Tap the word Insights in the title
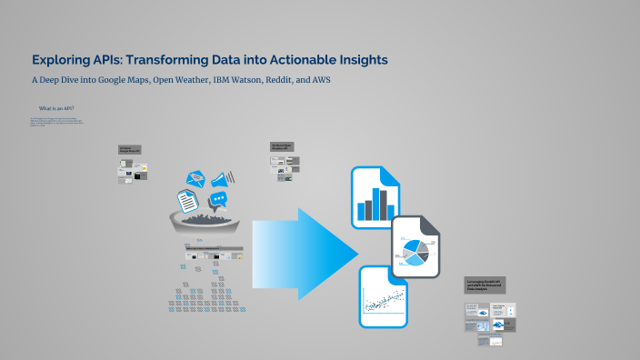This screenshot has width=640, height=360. pos(355,60)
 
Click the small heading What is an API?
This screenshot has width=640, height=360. pos(56,108)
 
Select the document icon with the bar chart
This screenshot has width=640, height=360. pos(375,196)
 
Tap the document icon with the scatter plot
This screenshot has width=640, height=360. pos(383,297)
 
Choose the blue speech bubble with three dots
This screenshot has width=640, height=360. pos(218,200)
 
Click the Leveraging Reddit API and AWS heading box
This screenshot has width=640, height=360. pos(485,285)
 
